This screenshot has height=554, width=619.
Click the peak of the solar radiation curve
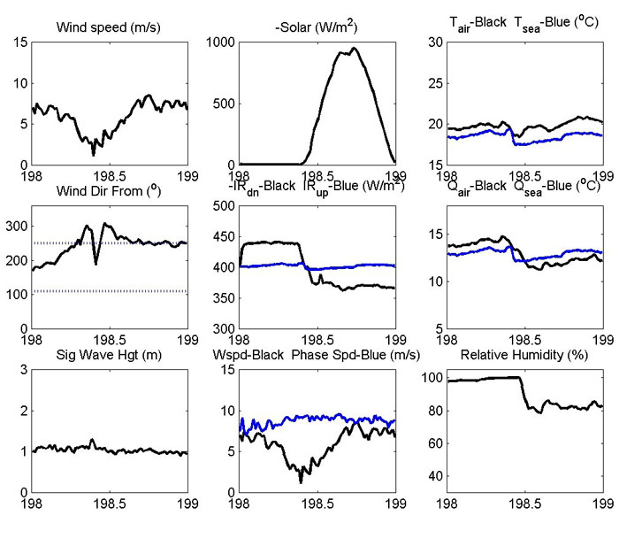pyautogui.click(x=354, y=49)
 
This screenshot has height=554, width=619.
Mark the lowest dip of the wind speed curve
pyautogui.click(x=94, y=155)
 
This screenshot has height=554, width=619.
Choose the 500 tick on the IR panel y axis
pyautogui.click(x=221, y=206)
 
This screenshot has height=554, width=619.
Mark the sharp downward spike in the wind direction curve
pyautogui.click(x=96, y=263)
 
